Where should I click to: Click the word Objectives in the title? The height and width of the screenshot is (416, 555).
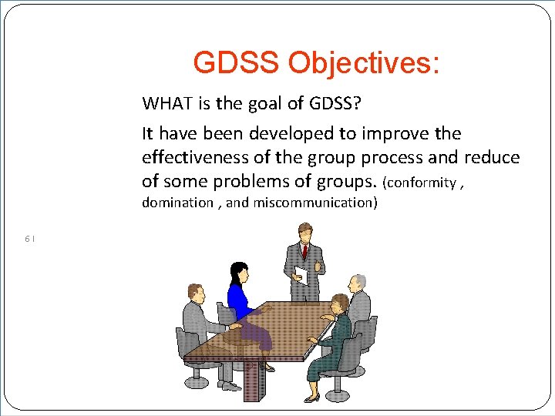click(x=364, y=63)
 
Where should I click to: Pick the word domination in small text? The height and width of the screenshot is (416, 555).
click(x=177, y=203)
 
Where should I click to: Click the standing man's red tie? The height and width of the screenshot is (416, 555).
click(x=304, y=251)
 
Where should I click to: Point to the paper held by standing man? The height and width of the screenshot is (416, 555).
click(x=301, y=275)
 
